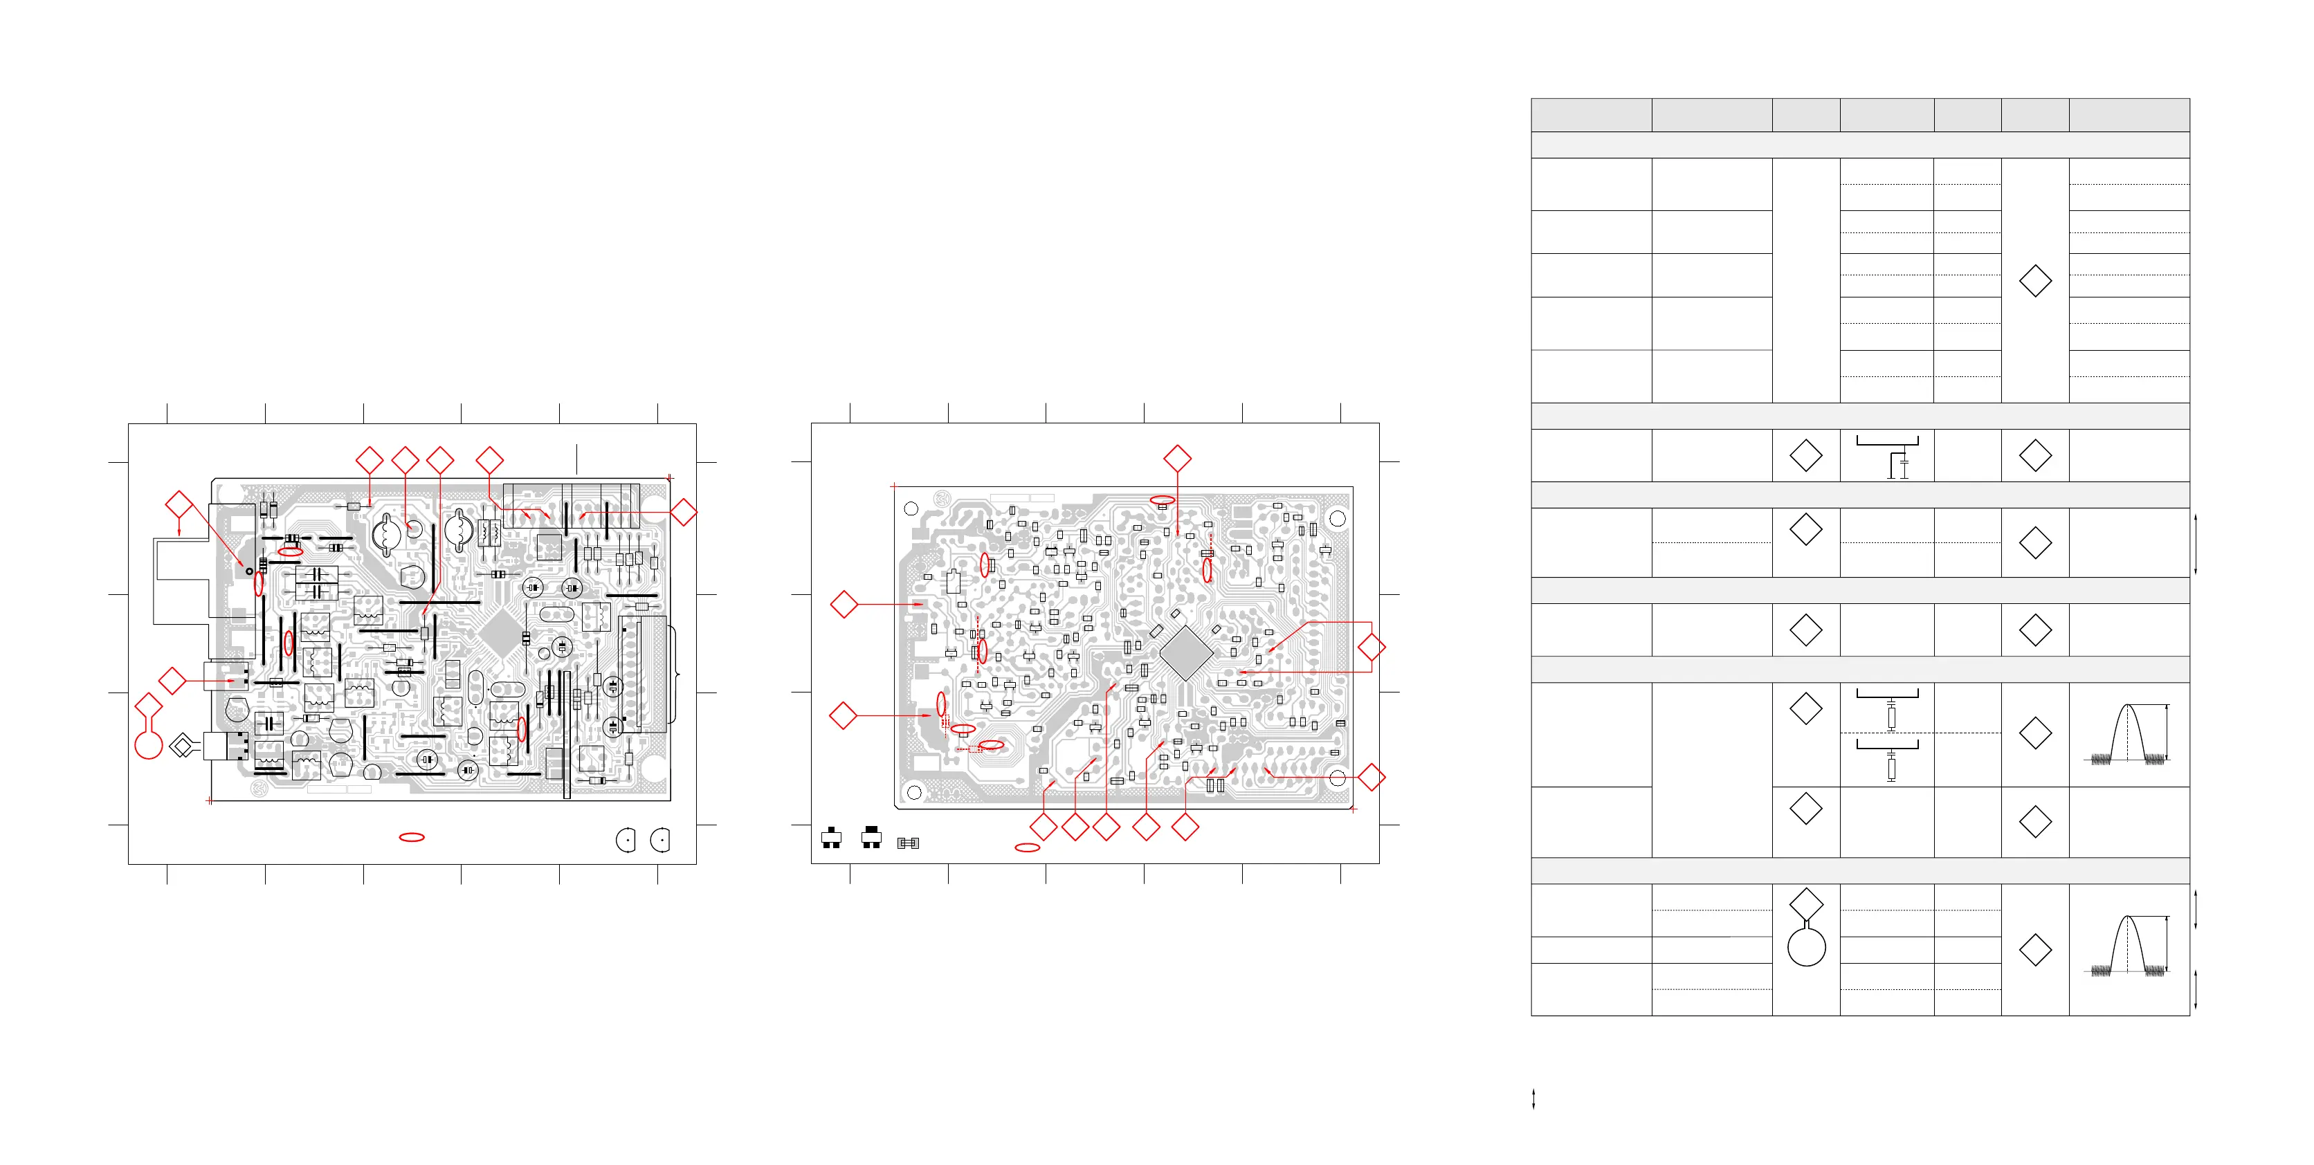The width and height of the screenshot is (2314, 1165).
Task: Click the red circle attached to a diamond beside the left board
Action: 148,744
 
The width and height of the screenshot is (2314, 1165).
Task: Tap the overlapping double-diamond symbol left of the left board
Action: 183,746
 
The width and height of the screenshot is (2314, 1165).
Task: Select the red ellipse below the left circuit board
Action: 412,837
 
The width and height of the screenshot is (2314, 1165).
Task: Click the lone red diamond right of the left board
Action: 684,512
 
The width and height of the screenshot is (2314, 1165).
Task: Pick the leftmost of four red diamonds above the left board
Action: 370,460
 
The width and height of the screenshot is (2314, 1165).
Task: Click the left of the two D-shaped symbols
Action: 626,840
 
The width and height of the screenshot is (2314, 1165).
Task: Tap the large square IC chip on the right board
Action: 1186,653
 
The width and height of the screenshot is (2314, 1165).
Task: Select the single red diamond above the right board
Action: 1177,458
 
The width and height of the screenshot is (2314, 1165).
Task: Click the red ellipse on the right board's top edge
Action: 1163,499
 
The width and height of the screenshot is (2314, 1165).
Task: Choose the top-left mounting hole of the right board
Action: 911,509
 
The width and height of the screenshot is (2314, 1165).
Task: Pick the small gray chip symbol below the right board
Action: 908,843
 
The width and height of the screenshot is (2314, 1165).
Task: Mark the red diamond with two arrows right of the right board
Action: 1371,647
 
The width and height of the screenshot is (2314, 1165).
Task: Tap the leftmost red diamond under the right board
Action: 1043,827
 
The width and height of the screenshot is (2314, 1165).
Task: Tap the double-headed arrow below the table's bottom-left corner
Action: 1533,1099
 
